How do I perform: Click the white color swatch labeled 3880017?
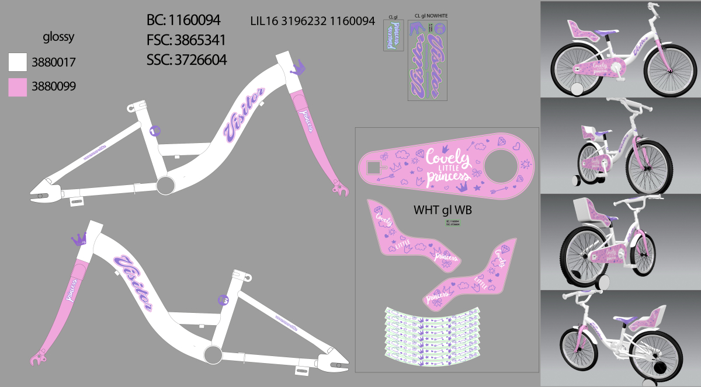click(x=18, y=62)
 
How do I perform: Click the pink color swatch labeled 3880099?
click(x=18, y=87)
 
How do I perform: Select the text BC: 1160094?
click(x=183, y=20)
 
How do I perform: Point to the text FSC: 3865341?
click(x=186, y=40)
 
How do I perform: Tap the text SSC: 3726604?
click(x=186, y=60)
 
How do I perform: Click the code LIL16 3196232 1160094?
click(x=312, y=21)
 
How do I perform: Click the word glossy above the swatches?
click(x=58, y=38)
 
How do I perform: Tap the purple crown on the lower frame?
click(x=79, y=238)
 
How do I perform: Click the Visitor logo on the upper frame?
click(x=245, y=116)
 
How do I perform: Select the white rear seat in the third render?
click(x=585, y=210)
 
